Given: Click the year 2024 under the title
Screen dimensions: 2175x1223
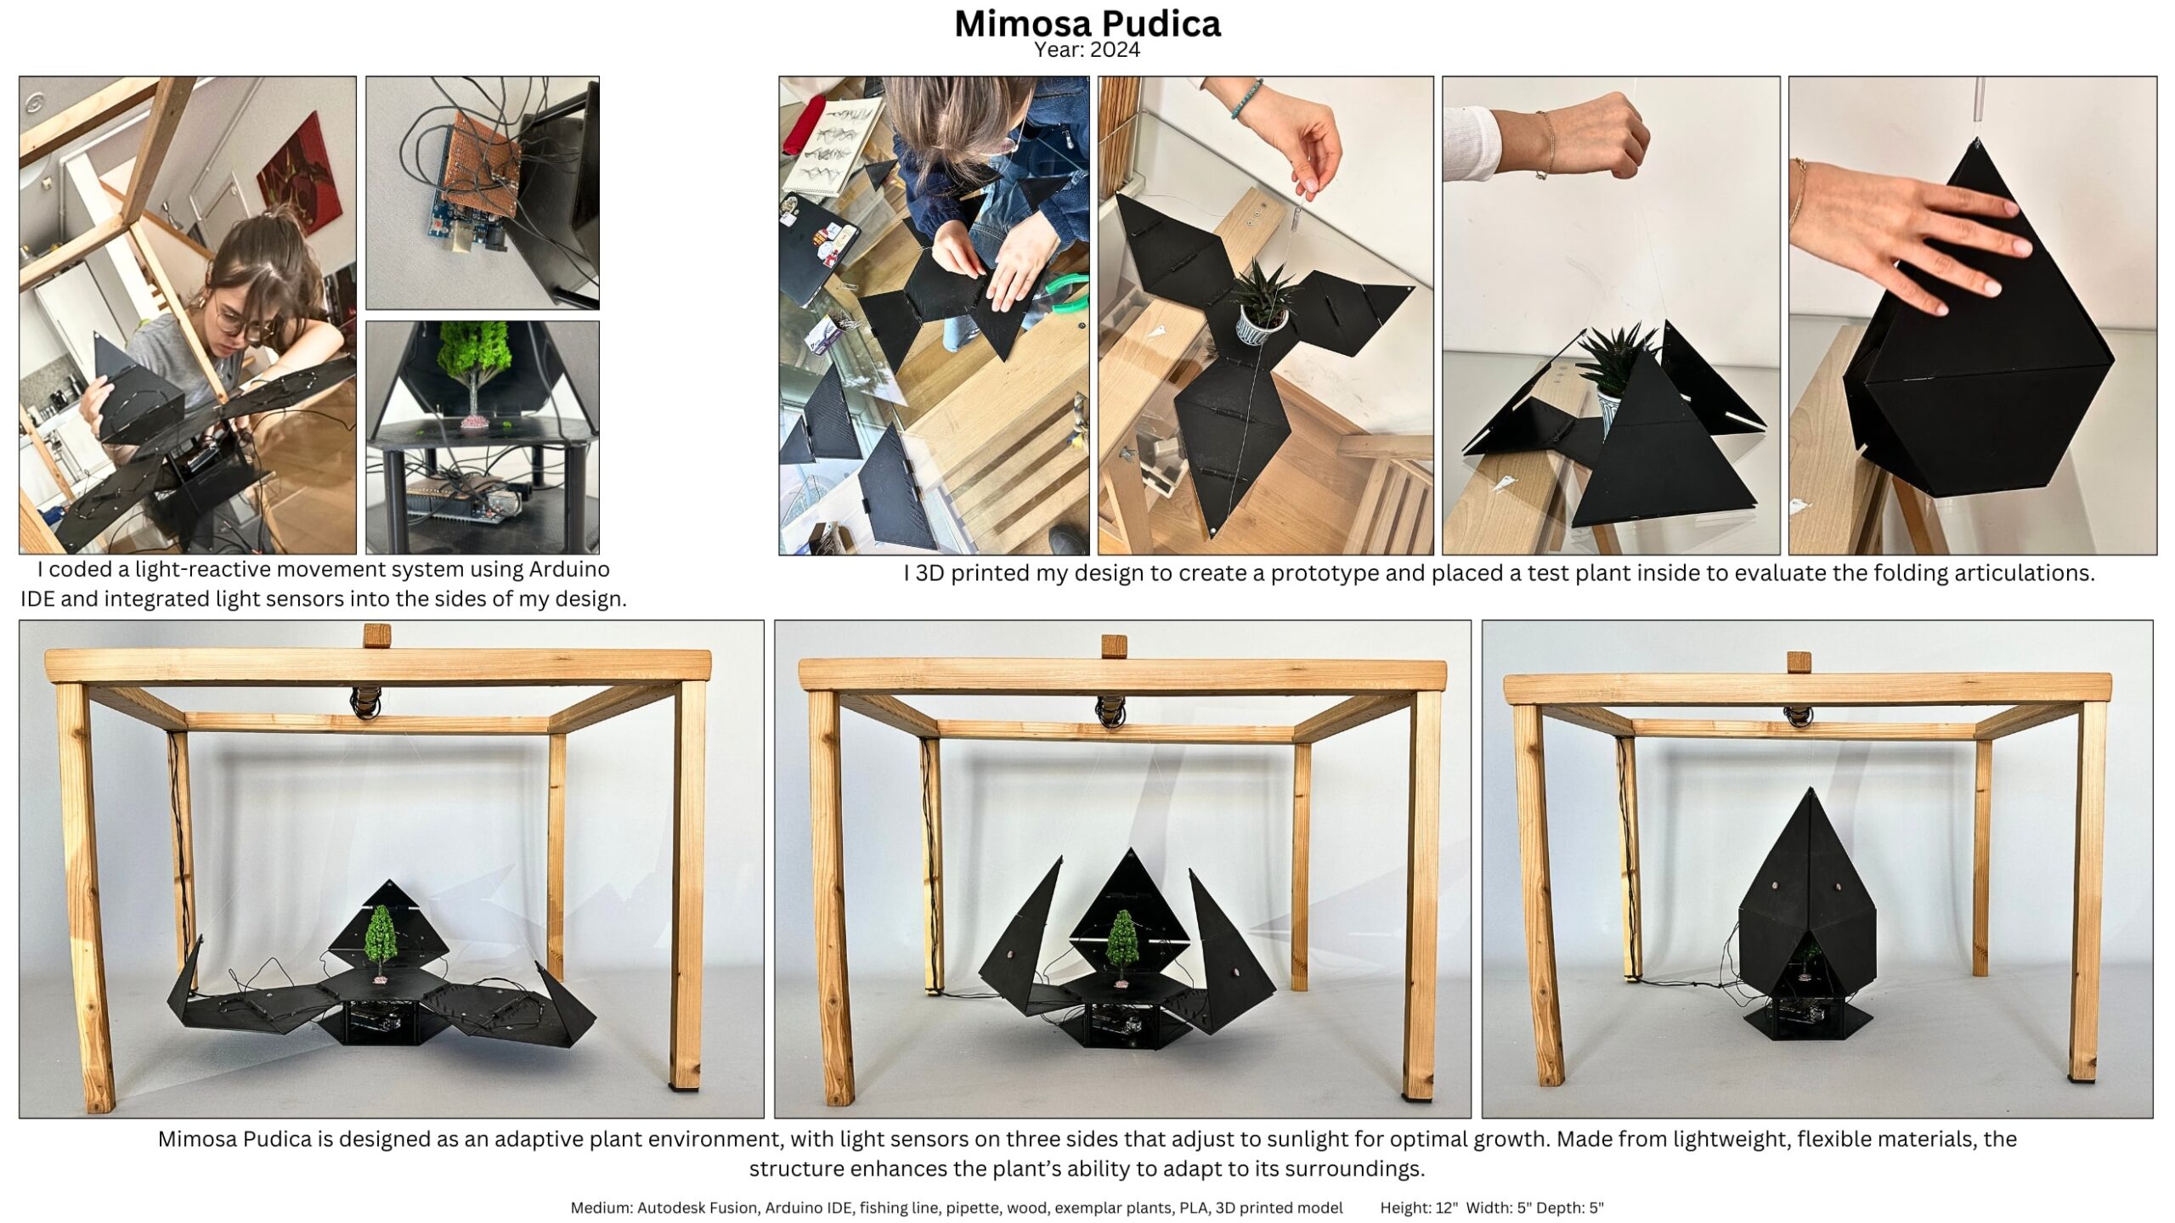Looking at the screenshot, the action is point(1115,50).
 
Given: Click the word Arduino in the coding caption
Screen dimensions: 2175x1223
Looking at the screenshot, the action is point(569,569).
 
